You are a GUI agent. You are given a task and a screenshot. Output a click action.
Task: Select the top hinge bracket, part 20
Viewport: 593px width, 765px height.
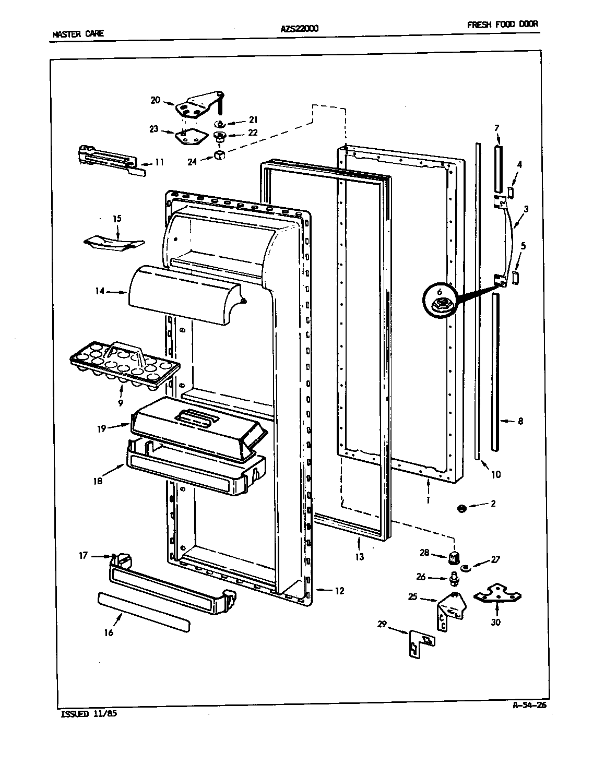tap(197, 105)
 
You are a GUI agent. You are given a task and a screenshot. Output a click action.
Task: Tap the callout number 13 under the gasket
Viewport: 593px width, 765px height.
tap(359, 557)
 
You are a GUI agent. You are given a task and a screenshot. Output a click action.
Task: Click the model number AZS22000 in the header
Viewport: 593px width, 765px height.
tap(295, 28)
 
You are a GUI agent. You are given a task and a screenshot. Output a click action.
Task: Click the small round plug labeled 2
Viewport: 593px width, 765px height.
tap(461, 508)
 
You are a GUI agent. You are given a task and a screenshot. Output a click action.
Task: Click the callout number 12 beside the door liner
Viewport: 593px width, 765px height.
tap(339, 591)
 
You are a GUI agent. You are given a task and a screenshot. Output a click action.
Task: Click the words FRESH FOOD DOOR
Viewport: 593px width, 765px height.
tap(502, 24)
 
